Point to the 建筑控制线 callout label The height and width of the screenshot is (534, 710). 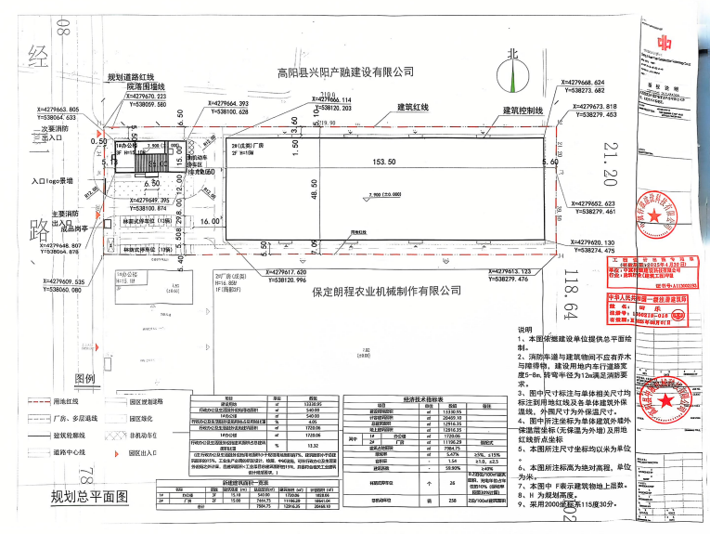click(522, 110)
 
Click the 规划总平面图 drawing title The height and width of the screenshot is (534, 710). click(88, 499)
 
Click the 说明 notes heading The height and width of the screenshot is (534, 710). click(525, 331)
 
